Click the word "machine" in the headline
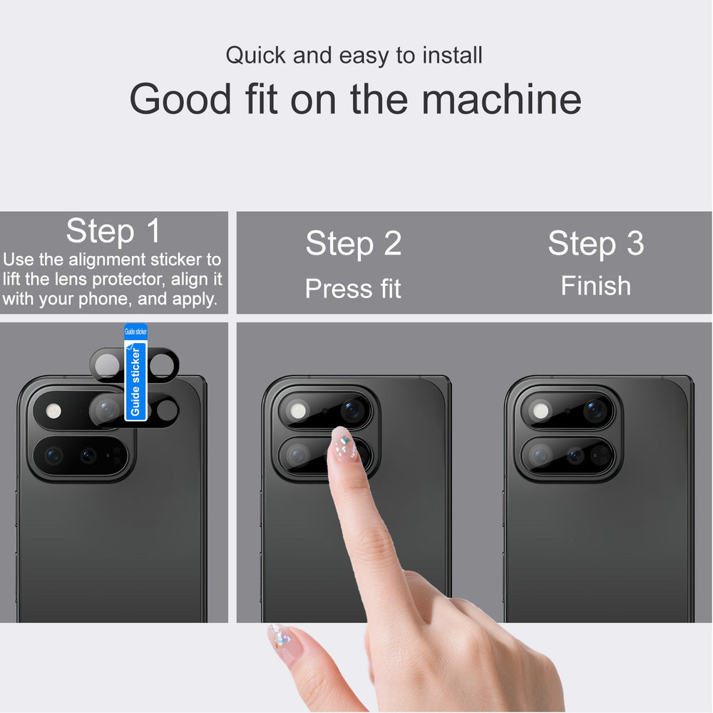point(501,98)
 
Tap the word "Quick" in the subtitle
point(255,56)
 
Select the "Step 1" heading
point(113,231)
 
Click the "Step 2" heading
point(354,243)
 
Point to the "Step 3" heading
point(595,243)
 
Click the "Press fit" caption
point(353,288)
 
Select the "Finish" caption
point(595,286)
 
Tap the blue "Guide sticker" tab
point(135,372)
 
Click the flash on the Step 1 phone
point(53,411)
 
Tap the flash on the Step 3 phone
point(540,411)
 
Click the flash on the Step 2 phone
point(298,411)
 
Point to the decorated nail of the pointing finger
point(344,444)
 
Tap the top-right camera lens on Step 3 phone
point(595,410)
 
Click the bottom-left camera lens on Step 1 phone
point(53,455)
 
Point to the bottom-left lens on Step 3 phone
point(540,455)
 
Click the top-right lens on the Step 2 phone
point(353,410)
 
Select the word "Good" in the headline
point(180,98)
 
